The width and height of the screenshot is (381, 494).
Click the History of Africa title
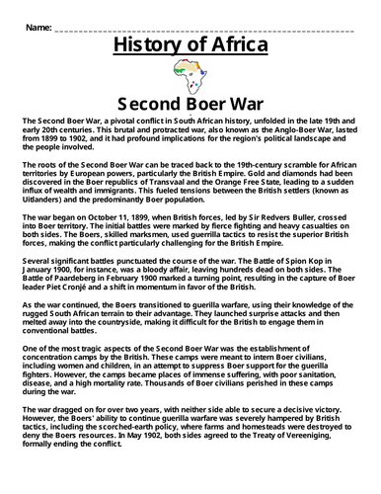tap(190, 44)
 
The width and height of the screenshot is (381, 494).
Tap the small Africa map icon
tap(190, 73)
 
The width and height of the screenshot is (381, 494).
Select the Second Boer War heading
tap(190, 102)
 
